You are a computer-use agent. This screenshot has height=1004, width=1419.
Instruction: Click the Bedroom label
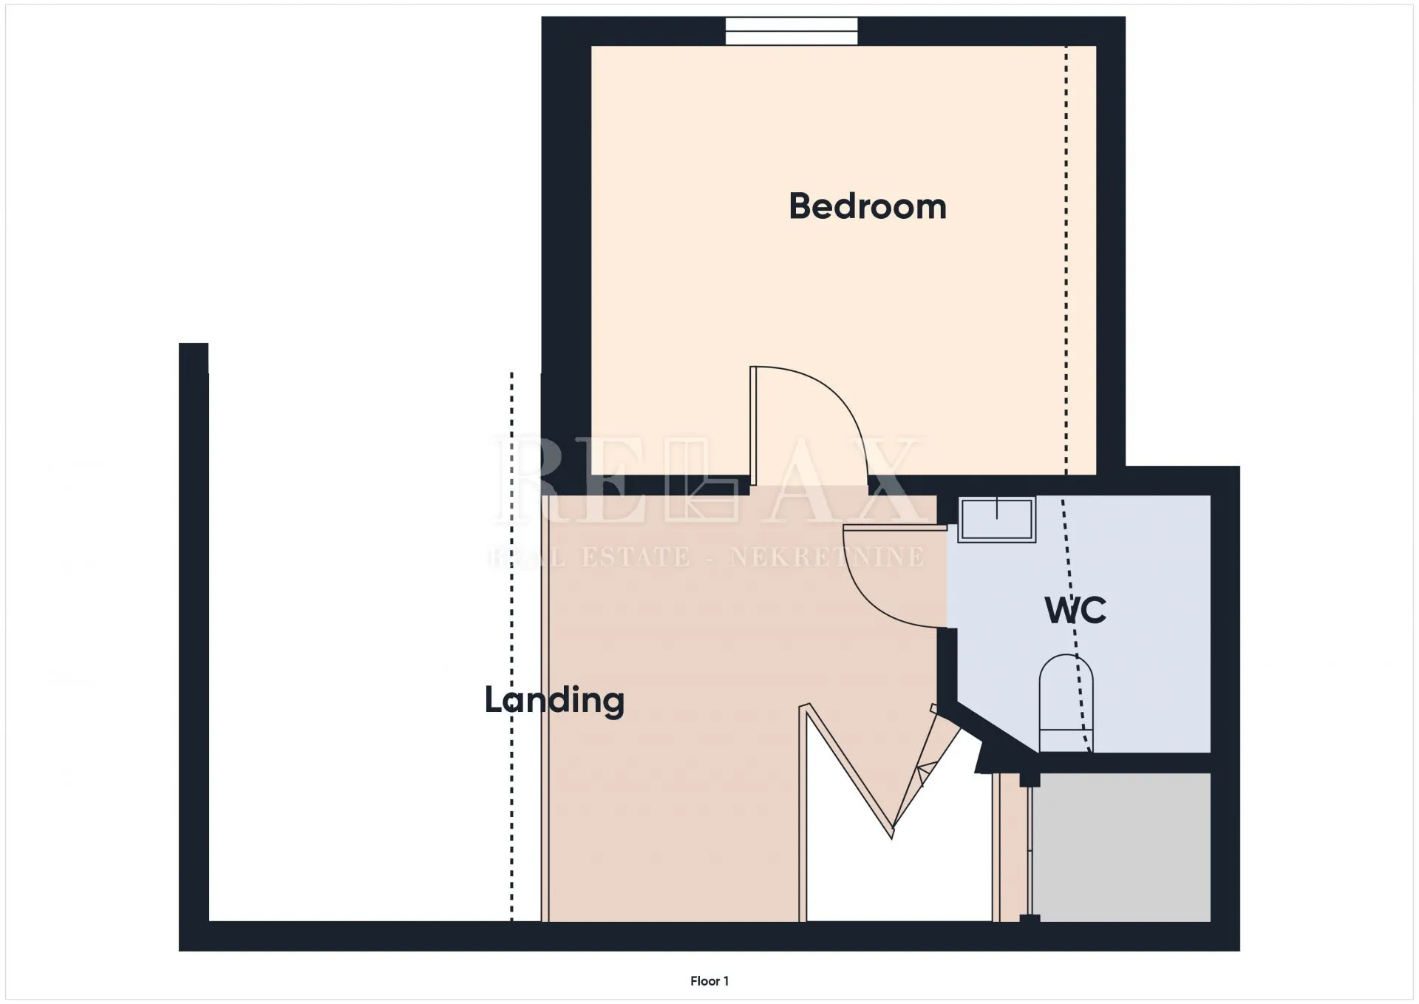(x=868, y=206)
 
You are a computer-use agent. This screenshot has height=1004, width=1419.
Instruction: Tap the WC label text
(x=1075, y=611)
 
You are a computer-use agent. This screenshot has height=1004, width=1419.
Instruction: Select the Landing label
(x=554, y=700)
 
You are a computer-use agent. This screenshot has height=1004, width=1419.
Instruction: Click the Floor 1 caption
(x=709, y=981)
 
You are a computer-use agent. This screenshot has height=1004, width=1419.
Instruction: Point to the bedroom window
(x=792, y=31)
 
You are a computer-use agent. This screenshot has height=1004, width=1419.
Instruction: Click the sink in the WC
(x=996, y=519)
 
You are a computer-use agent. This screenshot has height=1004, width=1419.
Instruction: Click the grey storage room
(x=1121, y=847)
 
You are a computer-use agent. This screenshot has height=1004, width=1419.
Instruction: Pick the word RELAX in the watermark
(x=708, y=481)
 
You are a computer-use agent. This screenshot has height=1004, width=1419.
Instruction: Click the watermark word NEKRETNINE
(x=826, y=557)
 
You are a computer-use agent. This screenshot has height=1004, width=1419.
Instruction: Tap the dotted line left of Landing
(x=511, y=647)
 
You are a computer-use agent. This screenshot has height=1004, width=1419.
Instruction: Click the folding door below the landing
(x=879, y=769)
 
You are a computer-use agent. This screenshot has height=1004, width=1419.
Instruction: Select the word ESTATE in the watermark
(x=636, y=557)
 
